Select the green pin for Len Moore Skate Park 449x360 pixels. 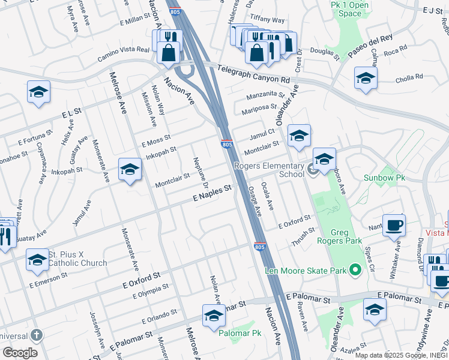tap(355, 271)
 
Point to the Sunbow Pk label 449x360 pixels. tap(385, 178)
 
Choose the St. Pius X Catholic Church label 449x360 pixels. tap(77, 259)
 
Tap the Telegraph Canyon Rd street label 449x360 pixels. tap(254, 74)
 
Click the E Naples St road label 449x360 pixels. tap(212, 193)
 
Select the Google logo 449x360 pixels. tap(20, 353)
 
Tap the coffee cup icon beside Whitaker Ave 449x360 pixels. tap(394, 224)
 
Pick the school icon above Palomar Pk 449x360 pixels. tap(214, 314)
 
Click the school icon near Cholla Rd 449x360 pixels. tap(366, 77)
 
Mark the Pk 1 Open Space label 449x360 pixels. tap(350, 9)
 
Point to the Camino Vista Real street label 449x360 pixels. tap(123, 55)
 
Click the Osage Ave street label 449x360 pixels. tap(255, 200)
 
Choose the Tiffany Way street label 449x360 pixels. tap(267, 20)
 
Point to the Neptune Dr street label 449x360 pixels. tap(199, 171)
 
